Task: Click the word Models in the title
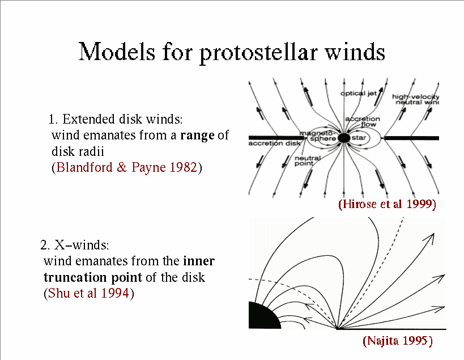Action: click(117, 52)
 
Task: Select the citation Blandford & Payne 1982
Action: click(126, 167)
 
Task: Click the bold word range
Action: click(197, 135)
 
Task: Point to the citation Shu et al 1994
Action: click(88, 293)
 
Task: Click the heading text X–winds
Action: click(82, 245)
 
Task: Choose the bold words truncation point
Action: click(93, 278)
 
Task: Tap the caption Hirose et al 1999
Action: click(387, 204)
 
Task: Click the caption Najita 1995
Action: click(398, 341)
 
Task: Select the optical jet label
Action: click(359, 94)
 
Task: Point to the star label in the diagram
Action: click(359, 138)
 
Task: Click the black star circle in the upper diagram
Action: click(344, 138)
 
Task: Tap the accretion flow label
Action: click(363, 122)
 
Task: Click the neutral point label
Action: click(308, 160)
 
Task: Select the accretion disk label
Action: click(274, 143)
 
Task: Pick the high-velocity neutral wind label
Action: click(415, 99)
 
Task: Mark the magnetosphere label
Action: click(318, 136)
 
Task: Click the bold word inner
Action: click(199, 261)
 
